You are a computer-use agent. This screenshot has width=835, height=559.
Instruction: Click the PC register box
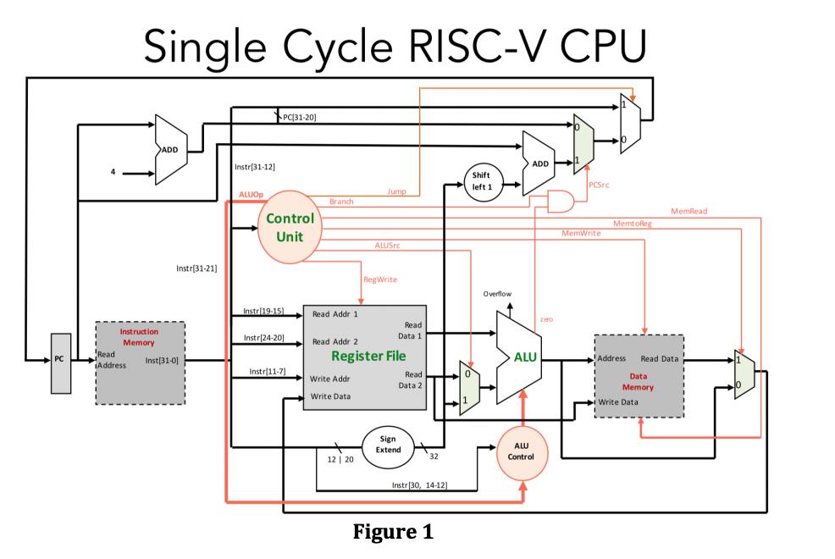tap(58, 360)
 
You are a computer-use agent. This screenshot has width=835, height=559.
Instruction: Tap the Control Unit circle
tap(290, 227)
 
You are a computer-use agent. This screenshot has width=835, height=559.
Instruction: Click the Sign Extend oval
tap(388, 444)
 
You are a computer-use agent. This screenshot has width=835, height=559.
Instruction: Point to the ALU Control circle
tap(521, 450)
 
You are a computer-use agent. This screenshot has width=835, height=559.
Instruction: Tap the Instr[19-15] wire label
tap(263, 311)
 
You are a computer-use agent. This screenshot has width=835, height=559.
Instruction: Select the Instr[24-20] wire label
tap(263, 338)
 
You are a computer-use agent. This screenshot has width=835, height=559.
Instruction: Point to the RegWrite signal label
tap(379, 279)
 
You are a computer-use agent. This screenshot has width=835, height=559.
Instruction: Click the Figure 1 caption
tap(392, 533)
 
